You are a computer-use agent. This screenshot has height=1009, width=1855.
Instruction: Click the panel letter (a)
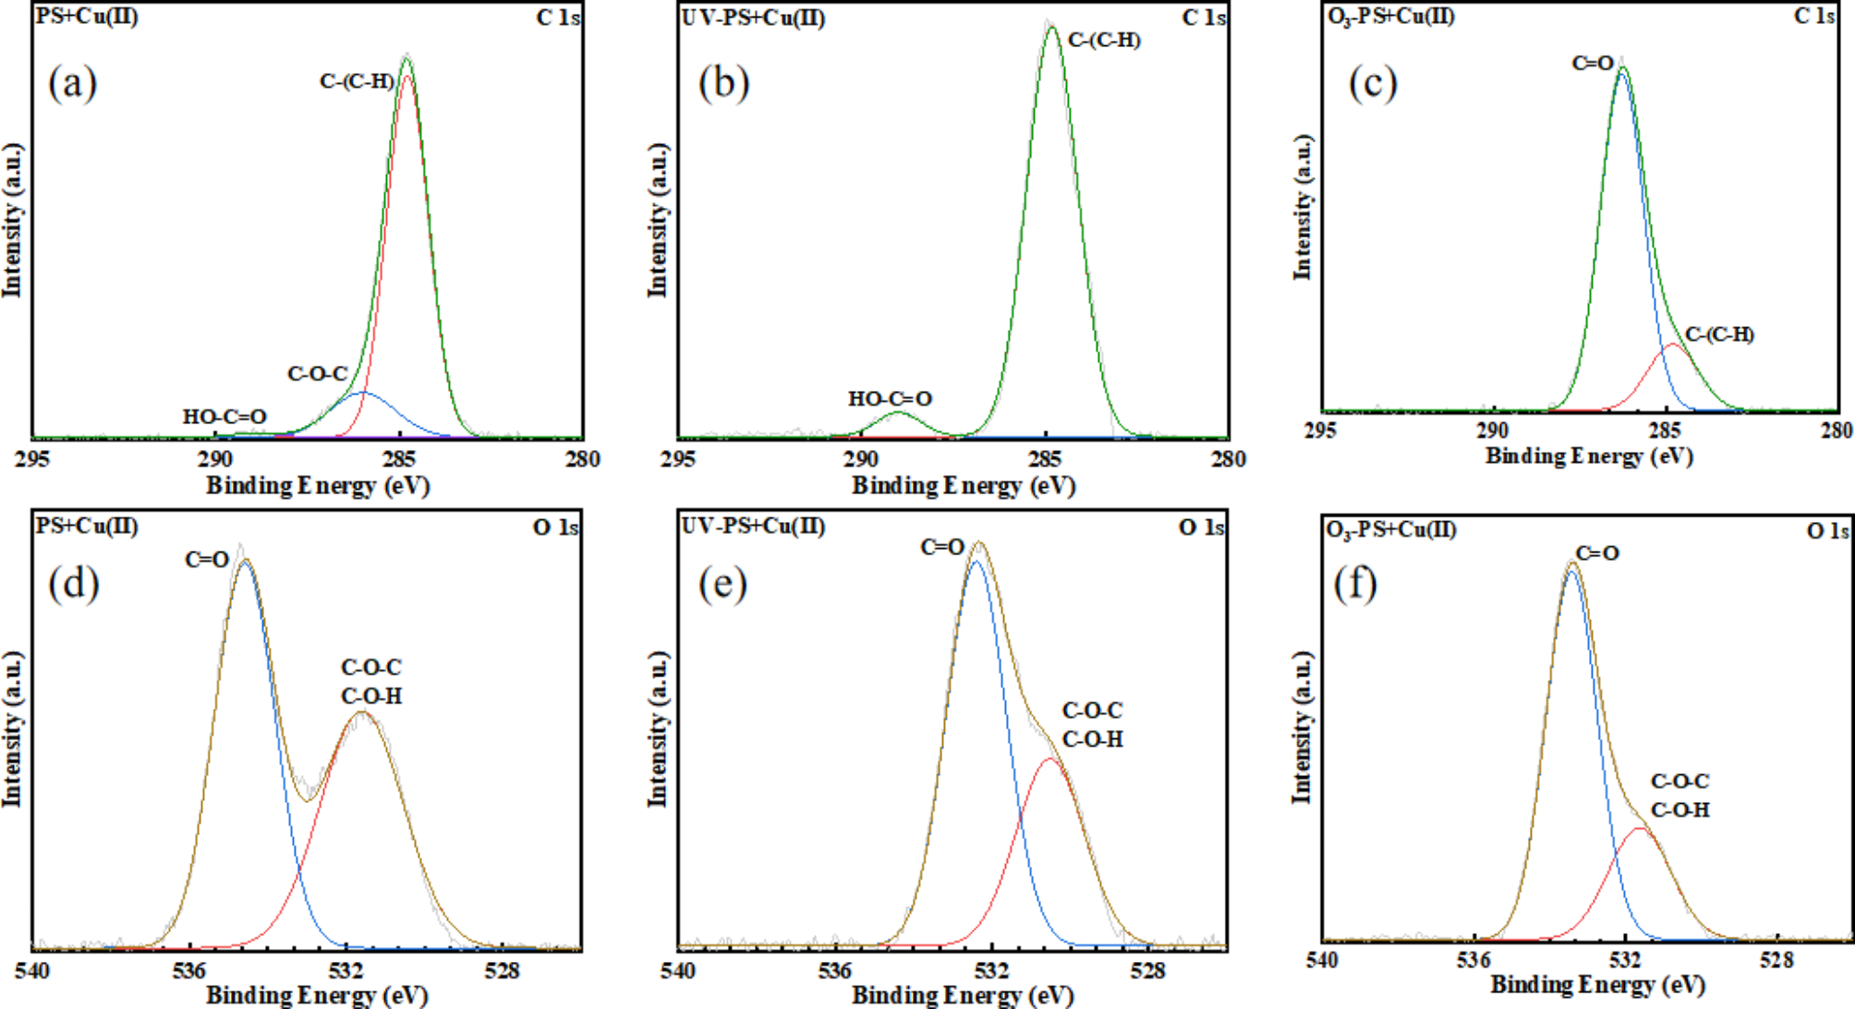[72, 84]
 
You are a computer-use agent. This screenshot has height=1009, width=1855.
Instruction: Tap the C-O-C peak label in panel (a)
[317, 374]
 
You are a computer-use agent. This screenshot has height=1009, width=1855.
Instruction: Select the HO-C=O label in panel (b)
[890, 399]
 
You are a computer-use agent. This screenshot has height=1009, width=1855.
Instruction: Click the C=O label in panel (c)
[1593, 63]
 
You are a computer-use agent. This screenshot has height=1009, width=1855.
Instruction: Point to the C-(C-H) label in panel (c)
[1719, 334]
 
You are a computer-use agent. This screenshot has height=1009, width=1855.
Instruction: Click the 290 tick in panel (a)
[214, 459]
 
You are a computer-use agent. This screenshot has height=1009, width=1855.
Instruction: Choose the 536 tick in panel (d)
[188, 970]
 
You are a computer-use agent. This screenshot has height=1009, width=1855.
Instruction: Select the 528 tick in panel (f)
[1776, 960]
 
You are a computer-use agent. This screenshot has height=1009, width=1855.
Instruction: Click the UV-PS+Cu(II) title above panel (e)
[753, 526]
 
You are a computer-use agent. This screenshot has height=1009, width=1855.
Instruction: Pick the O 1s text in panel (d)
[555, 528]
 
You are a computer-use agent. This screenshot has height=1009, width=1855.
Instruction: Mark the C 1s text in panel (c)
[1814, 17]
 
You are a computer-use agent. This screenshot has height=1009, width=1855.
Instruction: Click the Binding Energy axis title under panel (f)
[1597, 985]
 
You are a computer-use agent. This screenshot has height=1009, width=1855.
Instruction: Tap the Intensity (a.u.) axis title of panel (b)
[657, 220]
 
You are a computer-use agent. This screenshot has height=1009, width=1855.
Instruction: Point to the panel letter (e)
[722, 584]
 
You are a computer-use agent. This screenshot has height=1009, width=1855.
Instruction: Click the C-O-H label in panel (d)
[371, 696]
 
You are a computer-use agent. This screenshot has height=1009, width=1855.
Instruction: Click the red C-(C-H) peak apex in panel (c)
[1672, 345]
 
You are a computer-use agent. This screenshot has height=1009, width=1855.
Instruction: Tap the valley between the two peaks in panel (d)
[308, 800]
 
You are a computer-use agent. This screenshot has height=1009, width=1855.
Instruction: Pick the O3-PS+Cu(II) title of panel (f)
[1390, 529]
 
